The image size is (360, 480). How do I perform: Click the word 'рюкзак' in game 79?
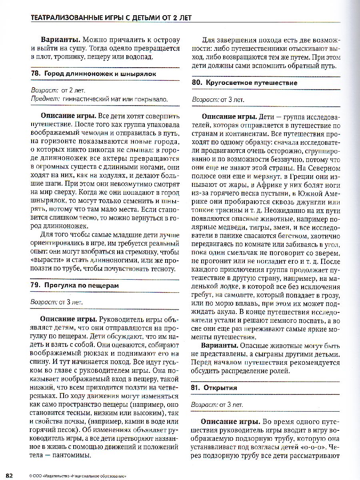pyautogui.click(x=95, y=354)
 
